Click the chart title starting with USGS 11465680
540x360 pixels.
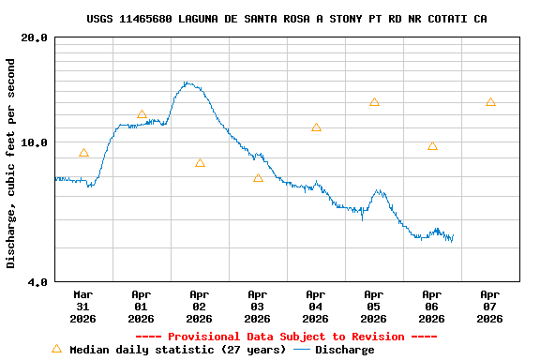click(286, 19)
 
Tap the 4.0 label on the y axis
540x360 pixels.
click(38, 281)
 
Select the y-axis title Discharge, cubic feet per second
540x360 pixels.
click(11, 163)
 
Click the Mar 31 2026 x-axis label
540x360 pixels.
click(83, 307)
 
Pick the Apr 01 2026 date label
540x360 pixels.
click(142, 307)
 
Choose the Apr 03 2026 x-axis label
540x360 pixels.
click(258, 307)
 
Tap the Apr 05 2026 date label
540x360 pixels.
click(374, 307)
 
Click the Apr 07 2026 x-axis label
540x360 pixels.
click(489, 307)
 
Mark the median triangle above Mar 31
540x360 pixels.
click(83, 153)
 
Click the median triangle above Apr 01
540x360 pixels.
click(142, 114)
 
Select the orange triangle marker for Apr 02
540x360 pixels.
click(200, 163)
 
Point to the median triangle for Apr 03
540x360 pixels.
click(258, 177)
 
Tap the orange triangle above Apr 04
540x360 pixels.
click(316, 127)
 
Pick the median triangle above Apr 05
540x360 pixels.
click(374, 102)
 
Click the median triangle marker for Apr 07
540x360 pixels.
click(490, 102)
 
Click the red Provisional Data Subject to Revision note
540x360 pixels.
click(286, 337)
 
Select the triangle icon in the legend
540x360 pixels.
click(56, 349)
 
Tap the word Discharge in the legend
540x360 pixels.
click(344, 350)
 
